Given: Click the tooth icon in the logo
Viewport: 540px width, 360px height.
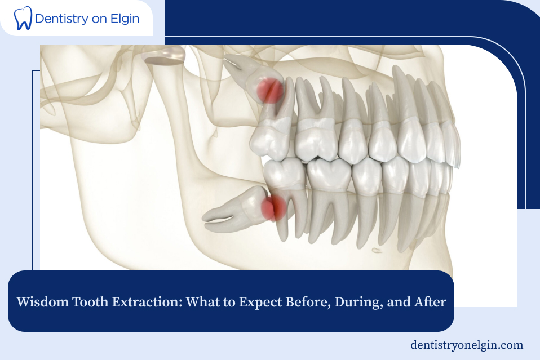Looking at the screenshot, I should (x=23, y=18).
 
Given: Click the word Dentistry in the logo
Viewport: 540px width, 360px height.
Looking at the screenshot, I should (x=60, y=18).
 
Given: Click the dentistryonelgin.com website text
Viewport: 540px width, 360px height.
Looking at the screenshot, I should (x=467, y=345).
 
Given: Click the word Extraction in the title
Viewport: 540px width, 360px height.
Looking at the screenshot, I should (x=145, y=302).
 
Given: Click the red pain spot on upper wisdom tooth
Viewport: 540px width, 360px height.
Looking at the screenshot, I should (x=270, y=91).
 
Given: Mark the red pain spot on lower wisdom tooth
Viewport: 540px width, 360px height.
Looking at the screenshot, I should (x=273, y=207).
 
